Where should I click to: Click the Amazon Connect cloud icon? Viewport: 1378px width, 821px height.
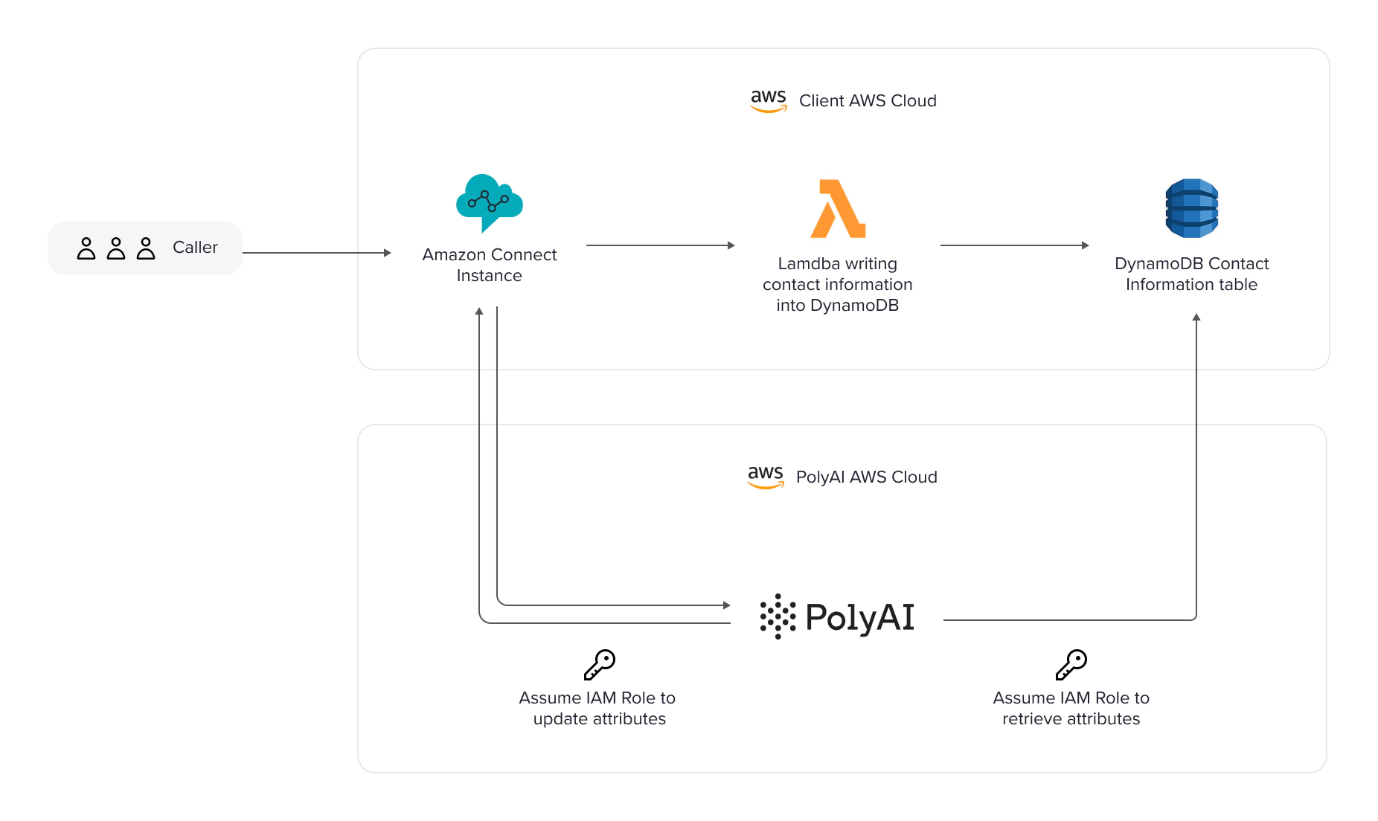tap(489, 201)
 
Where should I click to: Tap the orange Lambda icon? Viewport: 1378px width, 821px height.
tap(838, 209)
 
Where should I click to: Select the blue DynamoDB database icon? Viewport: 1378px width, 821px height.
tap(1191, 208)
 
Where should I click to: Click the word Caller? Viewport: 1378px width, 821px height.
tap(195, 248)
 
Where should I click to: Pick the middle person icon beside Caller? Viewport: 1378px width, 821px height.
tap(116, 248)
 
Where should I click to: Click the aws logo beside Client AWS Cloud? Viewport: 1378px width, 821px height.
tap(768, 100)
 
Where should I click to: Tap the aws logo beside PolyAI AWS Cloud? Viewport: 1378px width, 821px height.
tap(766, 477)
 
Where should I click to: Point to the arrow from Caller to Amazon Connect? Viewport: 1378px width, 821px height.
tap(316, 253)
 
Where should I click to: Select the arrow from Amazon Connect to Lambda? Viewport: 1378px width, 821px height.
tap(660, 245)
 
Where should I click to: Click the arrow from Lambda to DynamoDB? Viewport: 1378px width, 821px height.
tap(1014, 245)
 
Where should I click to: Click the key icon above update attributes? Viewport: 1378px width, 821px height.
tap(600, 665)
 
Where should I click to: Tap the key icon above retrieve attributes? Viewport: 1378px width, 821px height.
tap(1071, 665)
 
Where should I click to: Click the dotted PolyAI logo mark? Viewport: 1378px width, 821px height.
tap(778, 616)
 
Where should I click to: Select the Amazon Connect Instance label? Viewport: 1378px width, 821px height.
tap(489, 265)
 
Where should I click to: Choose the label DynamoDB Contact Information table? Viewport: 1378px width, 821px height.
tap(1191, 274)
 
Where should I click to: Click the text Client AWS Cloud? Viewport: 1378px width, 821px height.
tap(868, 101)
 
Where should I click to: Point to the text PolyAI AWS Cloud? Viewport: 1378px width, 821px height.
tap(866, 477)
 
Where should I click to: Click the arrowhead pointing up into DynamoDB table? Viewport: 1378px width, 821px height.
tap(1196, 318)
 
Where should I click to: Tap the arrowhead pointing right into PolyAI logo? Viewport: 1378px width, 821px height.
tap(727, 605)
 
